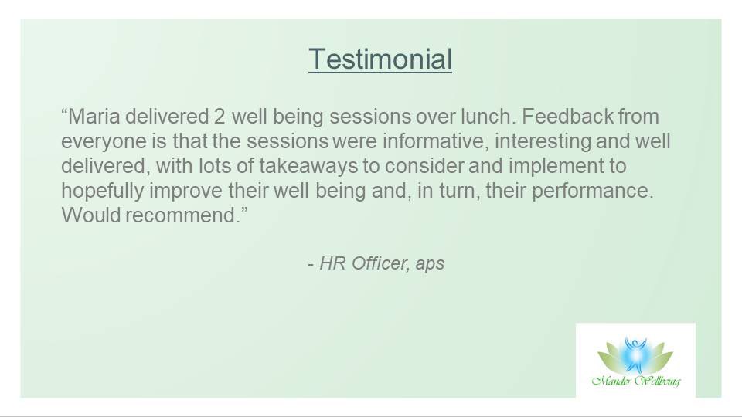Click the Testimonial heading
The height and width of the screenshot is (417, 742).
pyautogui.click(x=380, y=59)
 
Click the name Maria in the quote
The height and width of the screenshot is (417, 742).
pyautogui.click(x=93, y=117)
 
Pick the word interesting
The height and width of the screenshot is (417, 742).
pyautogui.click(x=570, y=142)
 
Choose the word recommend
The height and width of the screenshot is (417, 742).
pyautogui.click(x=189, y=216)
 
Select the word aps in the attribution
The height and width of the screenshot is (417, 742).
pyautogui.click(x=430, y=263)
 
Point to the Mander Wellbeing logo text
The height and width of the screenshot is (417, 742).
pyautogui.click(x=635, y=381)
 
